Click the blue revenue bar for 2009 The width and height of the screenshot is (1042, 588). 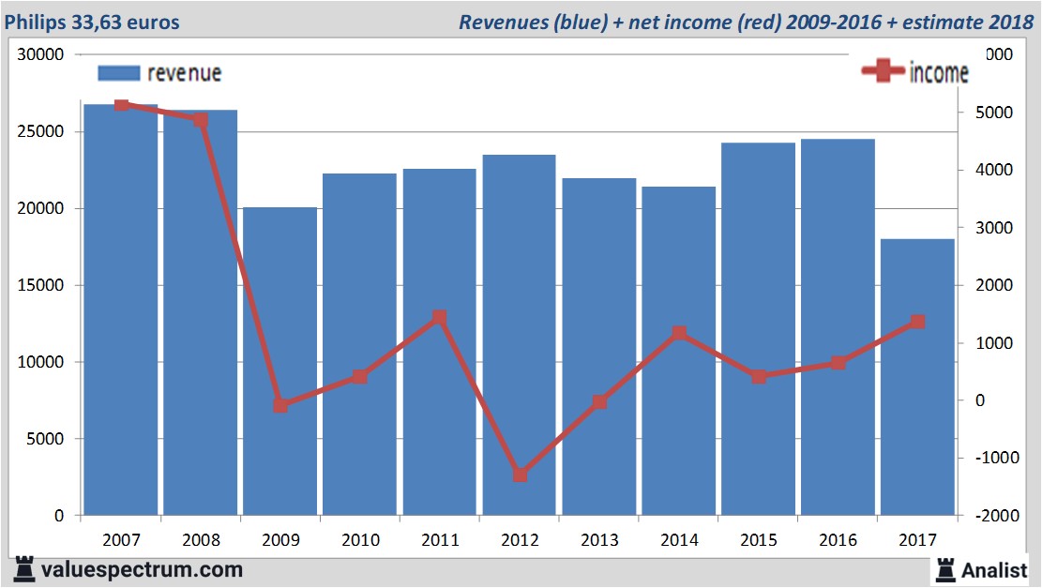pyautogui.click(x=280, y=361)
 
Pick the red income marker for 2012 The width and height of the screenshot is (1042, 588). pyautogui.click(x=520, y=475)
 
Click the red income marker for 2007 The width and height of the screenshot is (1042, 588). pyautogui.click(x=121, y=104)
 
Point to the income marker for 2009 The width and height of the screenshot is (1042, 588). pyautogui.click(x=280, y=405)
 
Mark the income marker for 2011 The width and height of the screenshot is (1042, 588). pyautogui.click(x=440, y=317)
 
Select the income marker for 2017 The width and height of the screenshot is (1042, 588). pyautogui.click(x=918, y=322)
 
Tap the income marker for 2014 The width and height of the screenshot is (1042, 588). pyautogui.click(x=679, y=333)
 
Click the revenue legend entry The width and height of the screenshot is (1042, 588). pyautogui.click(x=159, y=72)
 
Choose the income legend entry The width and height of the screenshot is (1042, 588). pyautogui.click(x=914, y=73)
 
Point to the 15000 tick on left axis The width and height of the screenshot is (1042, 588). pyautogui.click(x=42, y=285)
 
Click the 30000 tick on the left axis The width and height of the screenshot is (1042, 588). pyautogui.click(x=42, y=54)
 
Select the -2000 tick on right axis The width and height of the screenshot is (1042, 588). pyautogui.click(x=996, y=516)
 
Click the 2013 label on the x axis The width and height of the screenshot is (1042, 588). pyautogui.click(x=599, y=540)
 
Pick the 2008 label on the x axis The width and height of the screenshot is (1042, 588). pyautogui.click(x=201, y=540)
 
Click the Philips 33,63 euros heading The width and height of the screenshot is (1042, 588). pyautogui.click(x=92, y=22)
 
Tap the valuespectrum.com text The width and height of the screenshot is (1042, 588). pyautogui.click(x=141, y=569)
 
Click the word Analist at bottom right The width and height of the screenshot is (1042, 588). pyautogui.click(x=994, y=569)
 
